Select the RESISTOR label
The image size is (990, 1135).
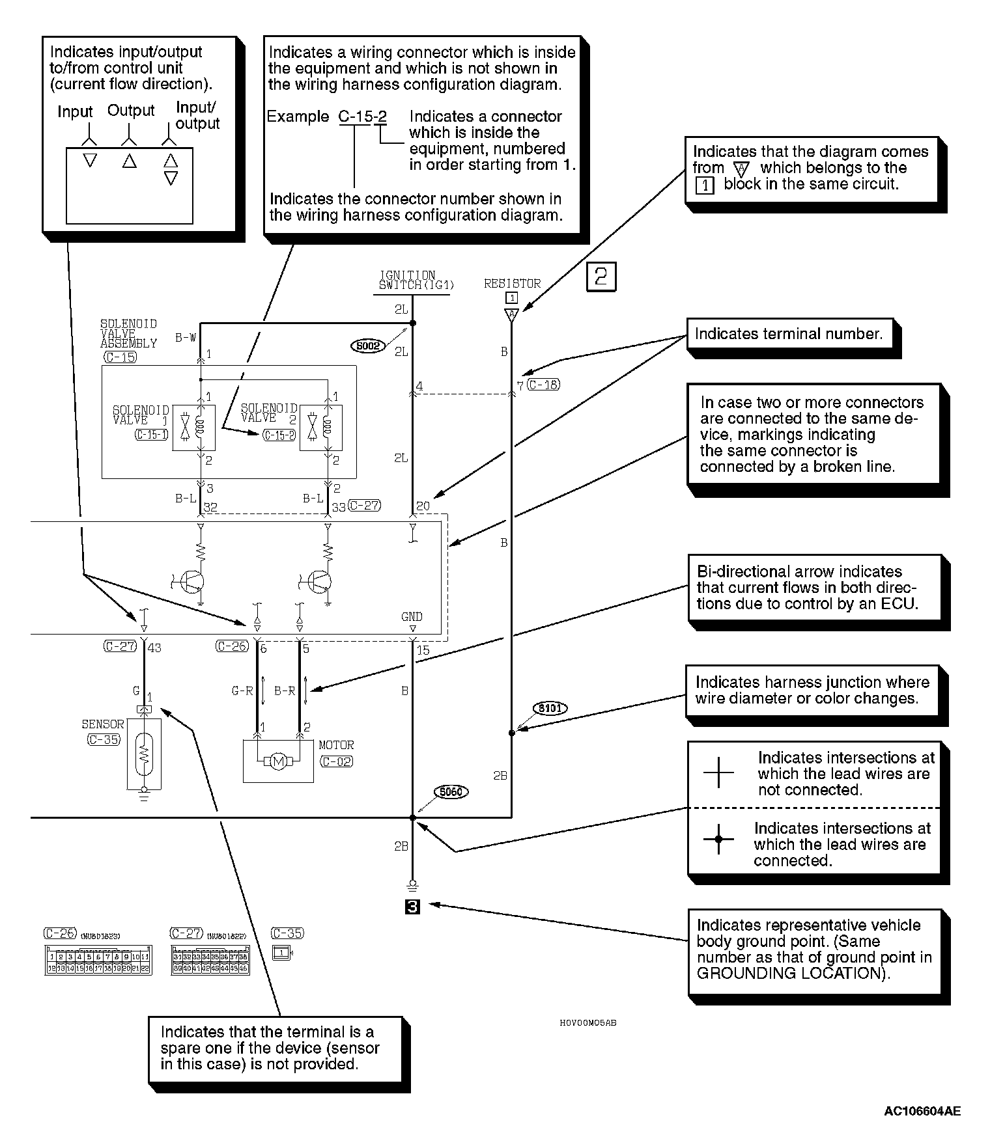coord(512,284)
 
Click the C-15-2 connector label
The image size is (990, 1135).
coord(279,435)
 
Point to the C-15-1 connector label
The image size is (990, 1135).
coord(151,435)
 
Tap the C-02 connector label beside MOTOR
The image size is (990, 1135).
coord(336,761)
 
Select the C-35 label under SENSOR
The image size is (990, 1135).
coord(103,739)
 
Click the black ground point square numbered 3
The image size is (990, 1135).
coord(412,906)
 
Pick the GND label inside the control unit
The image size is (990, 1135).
coord(412,616)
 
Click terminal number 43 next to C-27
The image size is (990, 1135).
coord(154,648)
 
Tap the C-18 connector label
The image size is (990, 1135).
coord(543,385)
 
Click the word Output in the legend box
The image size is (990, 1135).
coord(131,111)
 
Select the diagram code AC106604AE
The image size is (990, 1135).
coord(922,1111)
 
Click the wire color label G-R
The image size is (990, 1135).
coord(242,691)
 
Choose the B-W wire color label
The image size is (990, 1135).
coord(186,338)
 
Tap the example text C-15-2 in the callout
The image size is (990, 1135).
coord(362,116)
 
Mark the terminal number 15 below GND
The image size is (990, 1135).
coord(423,650)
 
